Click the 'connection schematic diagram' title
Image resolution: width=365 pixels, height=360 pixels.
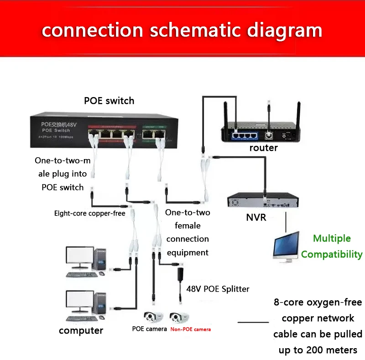pos(182,30)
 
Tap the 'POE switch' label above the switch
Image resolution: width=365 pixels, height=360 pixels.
pos(109,100)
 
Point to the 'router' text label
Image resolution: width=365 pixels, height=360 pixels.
pos(263,148)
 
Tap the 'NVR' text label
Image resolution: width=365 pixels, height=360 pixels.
pos(256,217)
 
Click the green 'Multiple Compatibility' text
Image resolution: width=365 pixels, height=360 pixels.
pos(332,246)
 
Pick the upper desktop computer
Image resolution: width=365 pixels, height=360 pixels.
pos(86,262)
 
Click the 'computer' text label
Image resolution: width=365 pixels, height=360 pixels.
pos(81,330)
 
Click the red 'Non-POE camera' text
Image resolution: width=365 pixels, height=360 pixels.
pos(190,329)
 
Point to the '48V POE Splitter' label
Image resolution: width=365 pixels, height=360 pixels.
pos(218,288)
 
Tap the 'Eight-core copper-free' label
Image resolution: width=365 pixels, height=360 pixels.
pos(89,213)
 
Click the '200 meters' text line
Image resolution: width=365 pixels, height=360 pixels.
pos(318,350)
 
